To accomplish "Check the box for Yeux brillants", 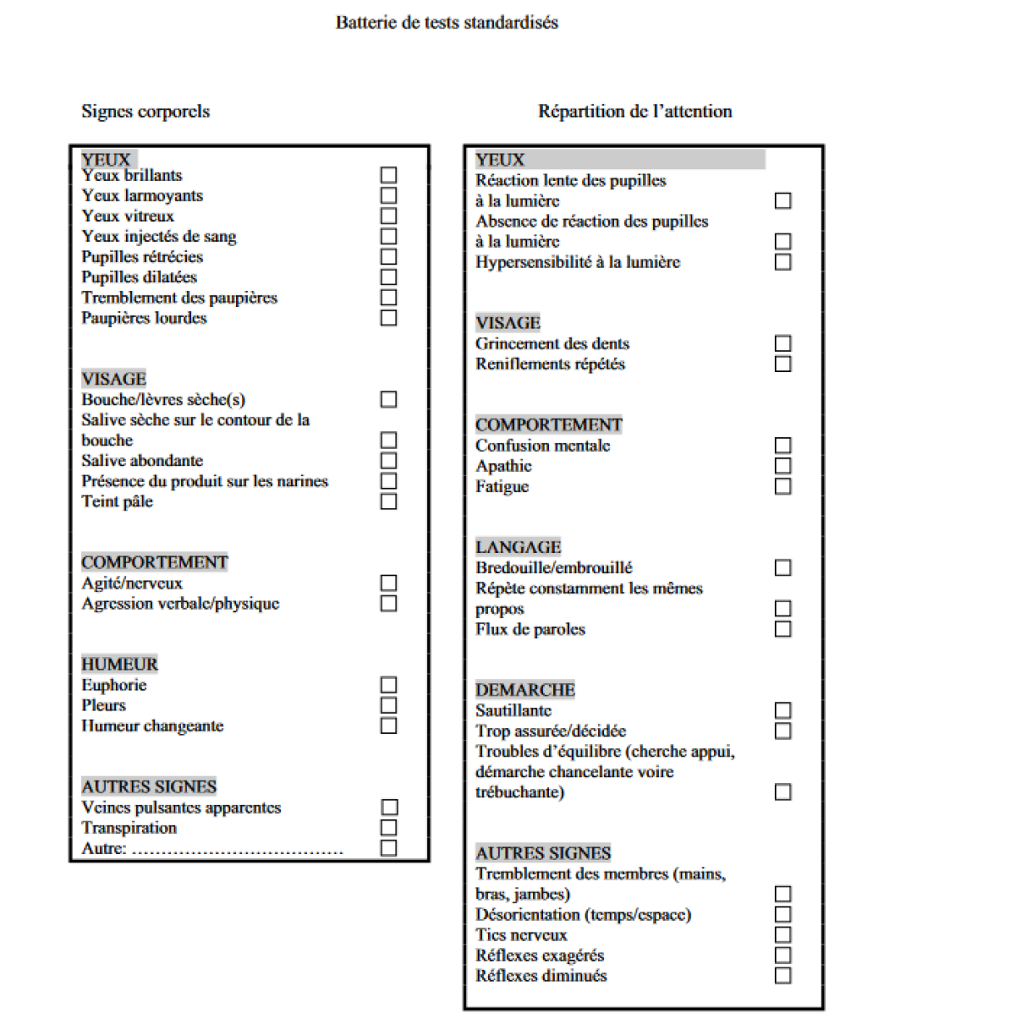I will tap(389, 175).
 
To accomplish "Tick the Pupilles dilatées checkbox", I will tap(389, 277).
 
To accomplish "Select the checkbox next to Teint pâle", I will tap(389, 501).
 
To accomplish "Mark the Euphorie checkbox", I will tap(389, 685).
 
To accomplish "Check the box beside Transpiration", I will tap(389, 827).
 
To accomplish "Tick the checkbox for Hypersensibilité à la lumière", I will tap(782, 262).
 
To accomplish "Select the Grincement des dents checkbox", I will tap(782, 344).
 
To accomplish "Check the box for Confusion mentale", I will tap(782, 445).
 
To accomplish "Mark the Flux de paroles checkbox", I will tap(782, 629).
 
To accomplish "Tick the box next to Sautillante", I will tap(782, 711).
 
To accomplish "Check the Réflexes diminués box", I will tap(782, 976).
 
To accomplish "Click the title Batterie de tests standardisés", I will tap(447, 23).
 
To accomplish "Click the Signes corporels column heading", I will tap(146, 111).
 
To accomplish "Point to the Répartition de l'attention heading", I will tap(635, 111).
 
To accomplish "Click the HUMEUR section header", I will tap(120, 664).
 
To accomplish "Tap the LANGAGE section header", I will tap(519, 547).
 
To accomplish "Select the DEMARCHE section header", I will tap(526, 690).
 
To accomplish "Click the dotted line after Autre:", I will tap(238, 850).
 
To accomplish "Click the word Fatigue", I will tap(502, 486).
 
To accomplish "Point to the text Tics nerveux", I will tap(521, 935).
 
